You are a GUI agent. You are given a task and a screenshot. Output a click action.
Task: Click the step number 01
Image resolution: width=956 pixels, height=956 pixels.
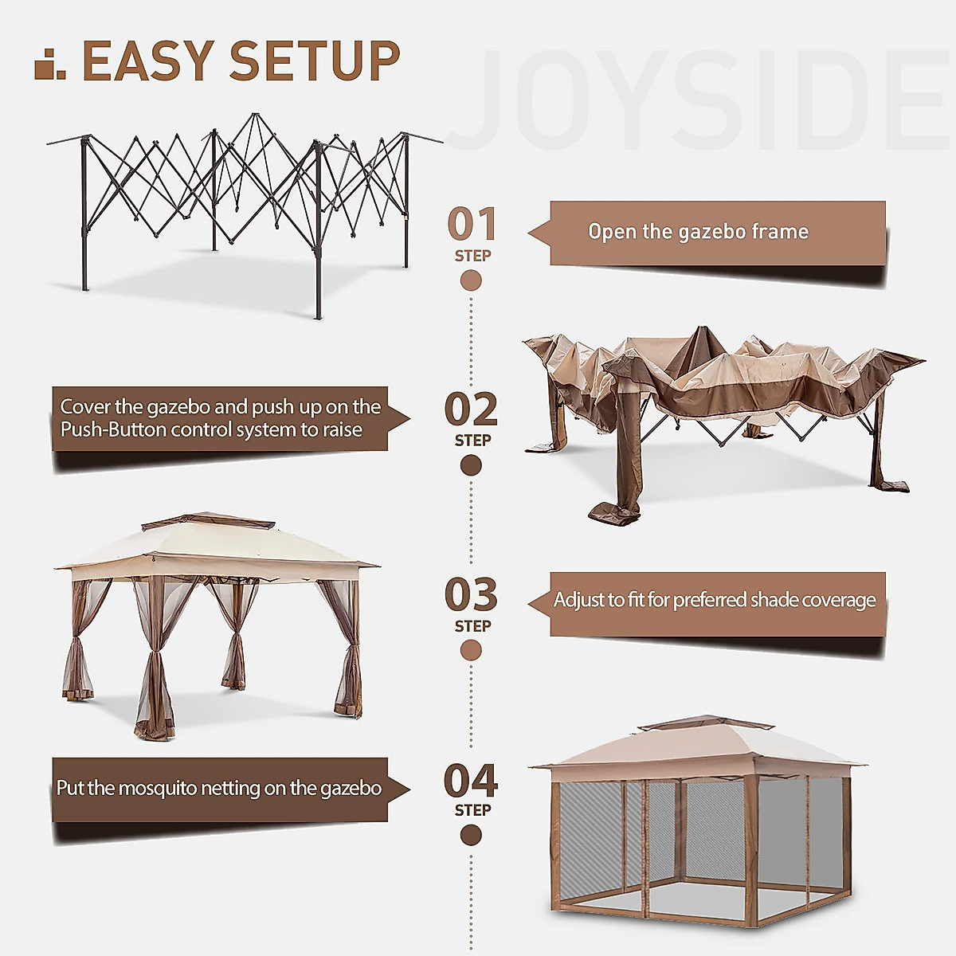click(472, 225)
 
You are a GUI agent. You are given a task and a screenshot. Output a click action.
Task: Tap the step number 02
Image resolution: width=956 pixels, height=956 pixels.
click(471, 409)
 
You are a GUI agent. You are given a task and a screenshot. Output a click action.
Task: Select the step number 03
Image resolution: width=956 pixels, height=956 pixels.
click(471, 596)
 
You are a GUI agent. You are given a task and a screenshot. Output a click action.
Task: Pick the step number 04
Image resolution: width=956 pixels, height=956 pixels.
click(471, 782)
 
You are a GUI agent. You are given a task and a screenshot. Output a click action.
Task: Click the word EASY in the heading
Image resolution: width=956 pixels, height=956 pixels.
click(148, 61)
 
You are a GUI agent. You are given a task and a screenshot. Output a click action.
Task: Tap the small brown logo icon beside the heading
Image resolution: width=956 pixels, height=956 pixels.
click(50, 65)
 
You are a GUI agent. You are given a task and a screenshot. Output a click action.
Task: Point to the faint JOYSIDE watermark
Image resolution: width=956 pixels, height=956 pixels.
click(701, 100)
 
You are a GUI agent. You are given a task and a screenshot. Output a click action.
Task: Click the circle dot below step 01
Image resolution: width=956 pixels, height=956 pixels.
click(471, 280)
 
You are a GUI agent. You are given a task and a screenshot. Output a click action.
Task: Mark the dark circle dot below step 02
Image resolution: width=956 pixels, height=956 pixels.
click(471, 465)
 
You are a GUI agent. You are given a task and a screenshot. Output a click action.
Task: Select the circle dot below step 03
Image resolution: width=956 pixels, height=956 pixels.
click(471, 651)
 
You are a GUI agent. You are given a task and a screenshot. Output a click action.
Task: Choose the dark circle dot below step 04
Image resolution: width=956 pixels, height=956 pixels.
click(471, 836)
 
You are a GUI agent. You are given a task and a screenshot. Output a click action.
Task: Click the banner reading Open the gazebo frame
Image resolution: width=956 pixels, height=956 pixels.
click(717, 233)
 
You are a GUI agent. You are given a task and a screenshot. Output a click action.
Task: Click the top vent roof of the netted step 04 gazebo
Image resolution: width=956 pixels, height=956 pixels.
click(706, 723)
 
